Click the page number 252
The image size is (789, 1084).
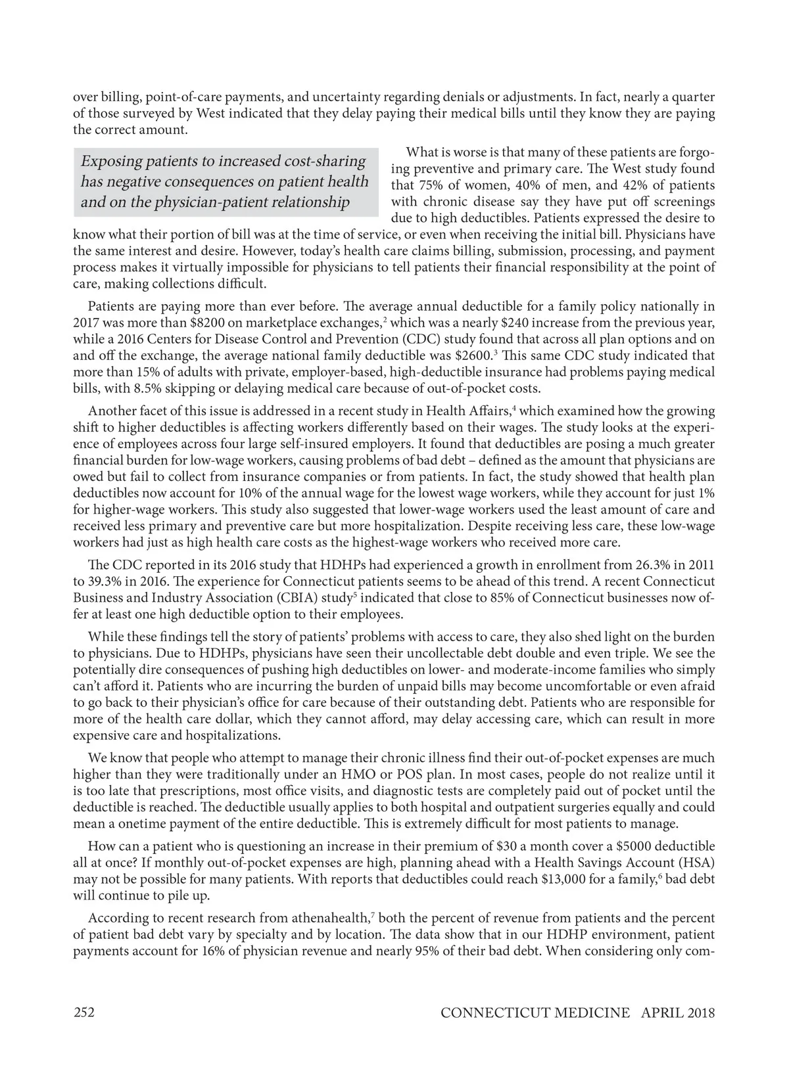pyautogui.click(x=84, y=1012)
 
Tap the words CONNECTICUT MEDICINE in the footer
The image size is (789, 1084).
pyautogui.click(x=535, y=1012)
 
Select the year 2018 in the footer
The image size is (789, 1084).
pyautogui.click(x=698, y=1012)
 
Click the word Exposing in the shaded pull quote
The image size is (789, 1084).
pyautogui.click(x=110, y=161)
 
